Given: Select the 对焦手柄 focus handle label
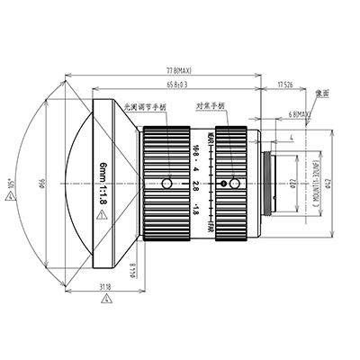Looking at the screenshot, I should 211,105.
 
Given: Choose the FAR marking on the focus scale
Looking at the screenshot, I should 210,228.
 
